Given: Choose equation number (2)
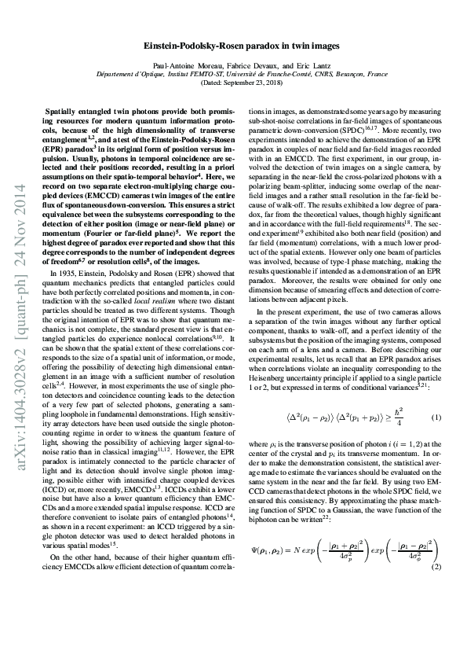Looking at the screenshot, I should click(x=436, y=567).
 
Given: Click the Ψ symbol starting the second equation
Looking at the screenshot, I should click(x=255, y=550).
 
